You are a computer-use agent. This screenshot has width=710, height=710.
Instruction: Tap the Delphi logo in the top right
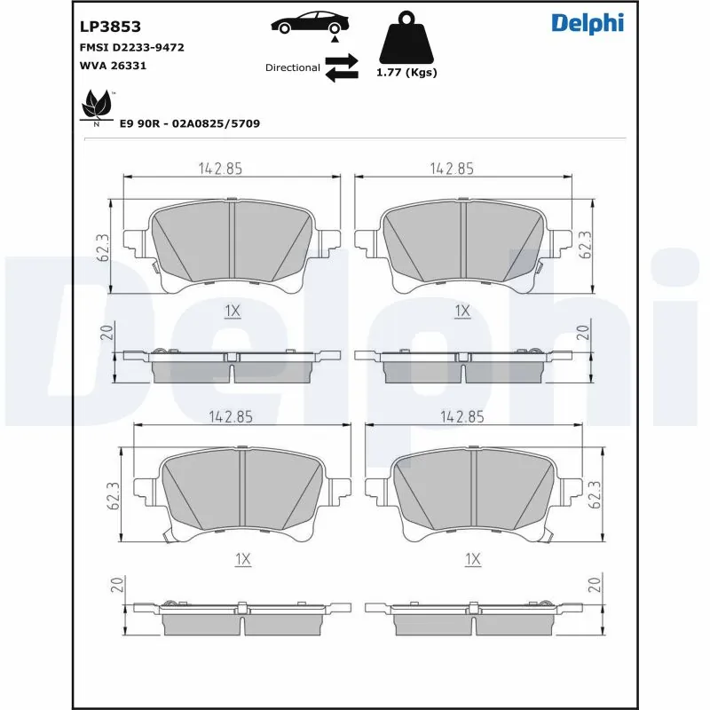[587, 23]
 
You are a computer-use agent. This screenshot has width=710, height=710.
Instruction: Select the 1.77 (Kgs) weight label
[407, 73]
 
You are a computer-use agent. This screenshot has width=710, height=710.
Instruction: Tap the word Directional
[292, 67]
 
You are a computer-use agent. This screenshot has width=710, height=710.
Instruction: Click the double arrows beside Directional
[342, 67]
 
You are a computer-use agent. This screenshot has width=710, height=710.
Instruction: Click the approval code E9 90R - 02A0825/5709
[189, 123]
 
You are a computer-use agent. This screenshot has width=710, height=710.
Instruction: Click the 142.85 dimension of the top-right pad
[452, 168]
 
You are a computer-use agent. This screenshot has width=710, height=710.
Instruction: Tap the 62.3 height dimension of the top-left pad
[103, 246]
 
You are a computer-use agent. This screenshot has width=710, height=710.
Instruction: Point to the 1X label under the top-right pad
[461, 310]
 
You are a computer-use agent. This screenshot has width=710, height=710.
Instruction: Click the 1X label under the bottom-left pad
[243, 558]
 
